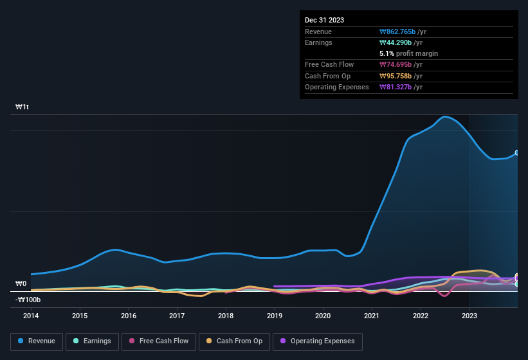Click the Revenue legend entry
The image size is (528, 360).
[36, 341]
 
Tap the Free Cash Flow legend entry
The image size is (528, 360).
[159, 341]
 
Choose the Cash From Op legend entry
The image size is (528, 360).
[234, 341]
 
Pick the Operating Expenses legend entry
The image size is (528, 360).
[318, 341]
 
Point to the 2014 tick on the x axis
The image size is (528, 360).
[31, 316]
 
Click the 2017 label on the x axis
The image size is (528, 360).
[177, 316]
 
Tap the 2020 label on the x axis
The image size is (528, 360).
[323, 316]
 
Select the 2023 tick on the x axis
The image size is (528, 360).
[469, 316]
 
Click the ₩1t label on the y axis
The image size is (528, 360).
[22, 107]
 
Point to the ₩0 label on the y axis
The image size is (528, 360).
[21, 283]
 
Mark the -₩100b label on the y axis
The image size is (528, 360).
[28, 300]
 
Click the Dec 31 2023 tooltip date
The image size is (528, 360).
[324, 20]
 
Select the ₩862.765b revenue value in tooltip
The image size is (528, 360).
[403, 32]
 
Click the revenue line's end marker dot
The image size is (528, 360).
[517, 153]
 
